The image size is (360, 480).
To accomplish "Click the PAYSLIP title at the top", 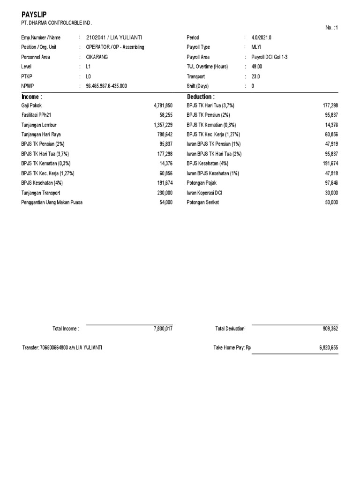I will click(x=34, y=15).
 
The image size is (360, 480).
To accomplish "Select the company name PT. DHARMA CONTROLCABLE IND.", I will click(x=57, y=23).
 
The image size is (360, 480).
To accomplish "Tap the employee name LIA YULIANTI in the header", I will click(x=126, y=37).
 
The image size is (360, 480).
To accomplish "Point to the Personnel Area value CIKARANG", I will click(x=97, y=57).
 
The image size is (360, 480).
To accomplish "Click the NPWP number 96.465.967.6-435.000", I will click(x=106, y=86).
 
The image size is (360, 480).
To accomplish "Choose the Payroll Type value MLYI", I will click(x=257, y=47).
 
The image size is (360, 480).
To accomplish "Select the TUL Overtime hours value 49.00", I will click(x=257, y=67).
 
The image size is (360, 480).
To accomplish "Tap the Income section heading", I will click(x=31, y=97).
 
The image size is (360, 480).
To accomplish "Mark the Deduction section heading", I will click(x=201, y=97).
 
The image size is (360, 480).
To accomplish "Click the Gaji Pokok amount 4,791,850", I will click(x=163, y=106).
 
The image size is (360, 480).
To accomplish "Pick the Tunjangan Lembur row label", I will click(x=39, y=125).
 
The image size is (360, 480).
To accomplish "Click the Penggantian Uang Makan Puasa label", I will click(x=52, y=202).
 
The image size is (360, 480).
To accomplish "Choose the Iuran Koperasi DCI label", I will click(x=204, y=193).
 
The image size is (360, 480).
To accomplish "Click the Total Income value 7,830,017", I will click(x=163, y=329).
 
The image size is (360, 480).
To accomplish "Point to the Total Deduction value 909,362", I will click(x=330, y=329).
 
